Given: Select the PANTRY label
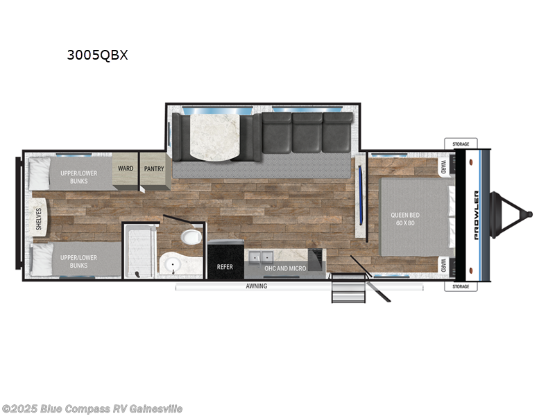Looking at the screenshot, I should [153, 168].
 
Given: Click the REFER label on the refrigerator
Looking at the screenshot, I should [225, 267].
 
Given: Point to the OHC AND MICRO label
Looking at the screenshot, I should [284, 268].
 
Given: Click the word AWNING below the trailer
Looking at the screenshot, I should [256, 286].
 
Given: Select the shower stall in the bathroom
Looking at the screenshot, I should [139, 252].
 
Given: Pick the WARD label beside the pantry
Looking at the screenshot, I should [126, 168].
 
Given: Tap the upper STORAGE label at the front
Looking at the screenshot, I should [461, 144].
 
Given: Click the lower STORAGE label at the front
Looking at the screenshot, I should [461, 286].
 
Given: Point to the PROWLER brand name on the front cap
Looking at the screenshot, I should [477, 215].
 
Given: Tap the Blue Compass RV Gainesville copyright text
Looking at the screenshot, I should [92, 408].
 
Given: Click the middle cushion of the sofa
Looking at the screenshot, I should [307, 134].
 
